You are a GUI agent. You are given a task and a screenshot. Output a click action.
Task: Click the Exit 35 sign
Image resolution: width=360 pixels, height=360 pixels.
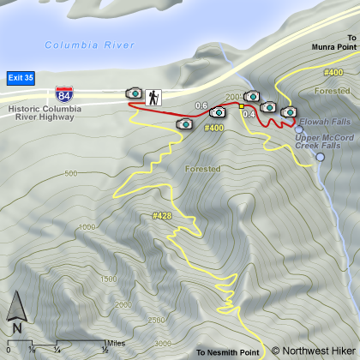(x=21, y=76)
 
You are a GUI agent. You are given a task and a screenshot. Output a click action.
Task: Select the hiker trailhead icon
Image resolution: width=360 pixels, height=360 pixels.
(x=155, y=97)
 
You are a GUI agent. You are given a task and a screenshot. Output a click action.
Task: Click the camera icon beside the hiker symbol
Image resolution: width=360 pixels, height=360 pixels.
(x=134, y=92)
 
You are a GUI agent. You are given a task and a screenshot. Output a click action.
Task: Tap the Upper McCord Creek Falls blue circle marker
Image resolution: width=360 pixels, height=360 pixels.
(x=321, y=157)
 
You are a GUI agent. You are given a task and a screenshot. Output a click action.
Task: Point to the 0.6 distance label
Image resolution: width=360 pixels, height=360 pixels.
(x=201, y=106)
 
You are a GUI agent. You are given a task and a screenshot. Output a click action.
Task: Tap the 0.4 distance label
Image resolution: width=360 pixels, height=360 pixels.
(x=249, y=114)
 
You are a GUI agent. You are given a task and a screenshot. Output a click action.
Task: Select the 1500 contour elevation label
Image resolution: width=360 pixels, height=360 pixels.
(x=108, y=279)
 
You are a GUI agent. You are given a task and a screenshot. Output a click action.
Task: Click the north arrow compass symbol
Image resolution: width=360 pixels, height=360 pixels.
(x=16, y=313)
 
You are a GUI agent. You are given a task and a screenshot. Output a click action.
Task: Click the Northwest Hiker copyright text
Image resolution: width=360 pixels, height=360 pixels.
(x=313, y=351)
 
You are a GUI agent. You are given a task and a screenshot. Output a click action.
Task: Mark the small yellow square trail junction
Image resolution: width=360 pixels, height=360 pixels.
(x=243, y=105)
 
